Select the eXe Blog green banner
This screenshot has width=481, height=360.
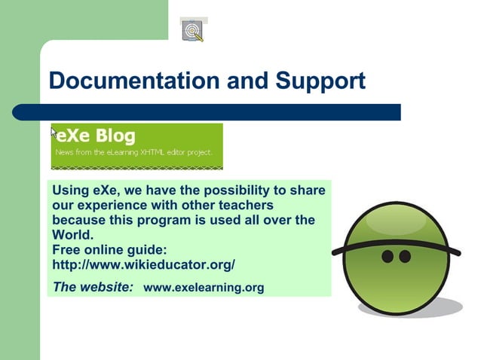point(137,145)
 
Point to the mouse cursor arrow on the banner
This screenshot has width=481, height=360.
point(54,132)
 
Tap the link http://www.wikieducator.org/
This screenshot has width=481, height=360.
point(143,264)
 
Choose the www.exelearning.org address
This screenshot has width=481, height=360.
point(203,287)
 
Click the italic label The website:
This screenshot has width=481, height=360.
point(93,286)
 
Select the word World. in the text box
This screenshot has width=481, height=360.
point(71,234)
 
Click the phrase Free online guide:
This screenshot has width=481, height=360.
point(109,249)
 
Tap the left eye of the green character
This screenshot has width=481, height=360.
point(388,256)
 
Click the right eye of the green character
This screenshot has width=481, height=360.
point(405,256)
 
